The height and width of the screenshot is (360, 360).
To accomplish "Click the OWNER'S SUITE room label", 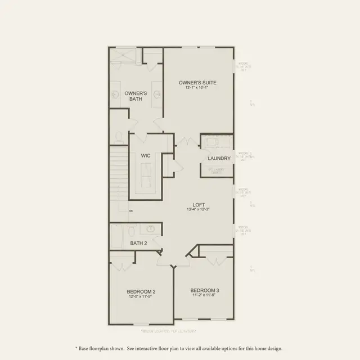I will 197,82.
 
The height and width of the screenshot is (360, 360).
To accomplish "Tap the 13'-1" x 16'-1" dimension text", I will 197,88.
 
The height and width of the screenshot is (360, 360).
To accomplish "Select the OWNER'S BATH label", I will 136,96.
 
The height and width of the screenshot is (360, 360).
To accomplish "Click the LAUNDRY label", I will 219,158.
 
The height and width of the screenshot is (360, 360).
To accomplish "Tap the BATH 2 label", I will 138,244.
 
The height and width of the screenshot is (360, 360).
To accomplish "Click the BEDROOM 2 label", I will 141,291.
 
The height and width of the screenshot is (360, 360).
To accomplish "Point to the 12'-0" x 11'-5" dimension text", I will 141,296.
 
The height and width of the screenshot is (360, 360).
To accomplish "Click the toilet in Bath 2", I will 131,231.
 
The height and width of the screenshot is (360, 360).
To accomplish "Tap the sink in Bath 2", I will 151,229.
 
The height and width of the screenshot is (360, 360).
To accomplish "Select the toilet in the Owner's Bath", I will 119,136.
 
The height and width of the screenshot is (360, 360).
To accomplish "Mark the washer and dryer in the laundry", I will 217,142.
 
